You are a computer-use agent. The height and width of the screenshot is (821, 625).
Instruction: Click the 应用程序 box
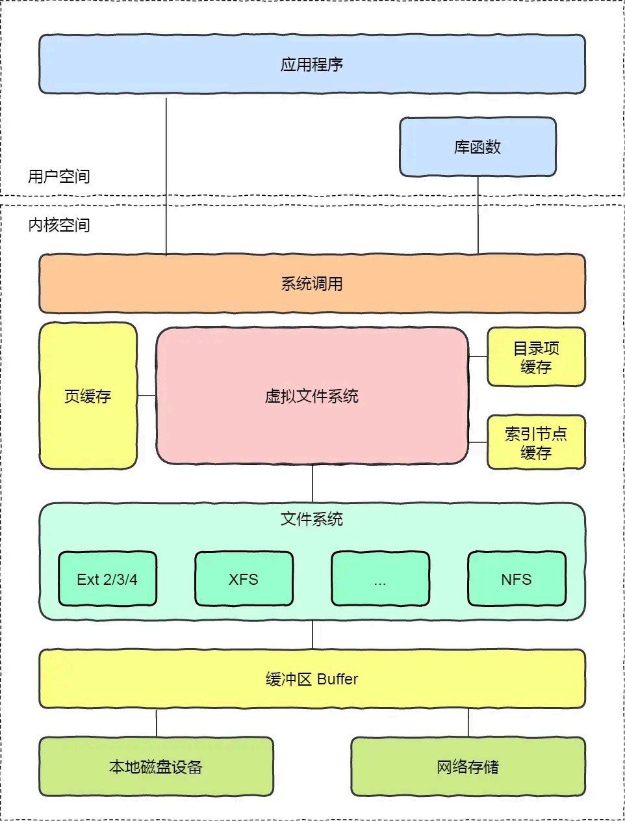312,64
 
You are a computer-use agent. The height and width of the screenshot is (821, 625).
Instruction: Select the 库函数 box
478,147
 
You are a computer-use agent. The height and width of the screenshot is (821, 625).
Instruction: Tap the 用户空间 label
59,176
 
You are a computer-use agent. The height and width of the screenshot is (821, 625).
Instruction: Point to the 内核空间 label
59,225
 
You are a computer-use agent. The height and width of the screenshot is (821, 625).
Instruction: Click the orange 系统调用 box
312,284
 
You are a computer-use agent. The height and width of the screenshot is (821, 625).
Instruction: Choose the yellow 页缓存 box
88,396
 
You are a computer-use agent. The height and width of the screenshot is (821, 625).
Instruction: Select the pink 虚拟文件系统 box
312,396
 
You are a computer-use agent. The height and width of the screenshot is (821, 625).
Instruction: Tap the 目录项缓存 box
536,357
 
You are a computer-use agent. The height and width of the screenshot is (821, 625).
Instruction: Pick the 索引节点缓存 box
536,442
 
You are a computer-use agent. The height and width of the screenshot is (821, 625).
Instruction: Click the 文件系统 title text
312,518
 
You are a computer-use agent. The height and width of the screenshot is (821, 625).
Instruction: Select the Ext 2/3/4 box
107,579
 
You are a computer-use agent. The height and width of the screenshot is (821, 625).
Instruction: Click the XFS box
244,579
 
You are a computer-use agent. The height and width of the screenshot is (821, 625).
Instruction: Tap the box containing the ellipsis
380,579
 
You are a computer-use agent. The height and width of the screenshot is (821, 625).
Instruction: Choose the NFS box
517,579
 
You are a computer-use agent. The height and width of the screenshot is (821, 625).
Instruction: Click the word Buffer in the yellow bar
338,679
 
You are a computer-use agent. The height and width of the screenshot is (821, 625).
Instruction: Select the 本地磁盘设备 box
156,766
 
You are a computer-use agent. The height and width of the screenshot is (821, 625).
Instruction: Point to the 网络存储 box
468,766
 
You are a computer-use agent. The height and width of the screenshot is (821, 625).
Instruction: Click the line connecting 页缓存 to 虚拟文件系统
147,396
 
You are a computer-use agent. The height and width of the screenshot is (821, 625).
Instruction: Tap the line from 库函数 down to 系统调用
478,215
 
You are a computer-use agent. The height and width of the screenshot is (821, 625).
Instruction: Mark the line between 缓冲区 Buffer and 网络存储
468,723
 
